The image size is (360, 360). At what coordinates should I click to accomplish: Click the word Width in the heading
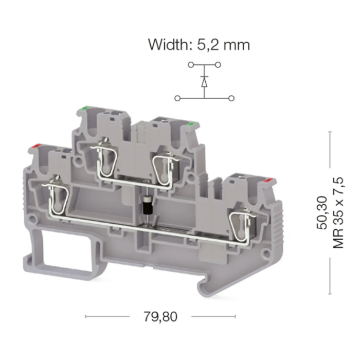click(x=169, y=45)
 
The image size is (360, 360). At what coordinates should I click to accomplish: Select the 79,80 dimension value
click(x=160, y=317)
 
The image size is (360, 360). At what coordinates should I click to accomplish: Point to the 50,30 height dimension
click(x=322, y=212)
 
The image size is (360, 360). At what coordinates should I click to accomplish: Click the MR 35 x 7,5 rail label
click(x=338, y=212)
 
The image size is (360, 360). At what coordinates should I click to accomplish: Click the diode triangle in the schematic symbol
click(x=204, y=83)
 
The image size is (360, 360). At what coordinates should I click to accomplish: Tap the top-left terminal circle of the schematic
click(x=191, y=65)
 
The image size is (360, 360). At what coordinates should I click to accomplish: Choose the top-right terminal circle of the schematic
click(x=218, y=65)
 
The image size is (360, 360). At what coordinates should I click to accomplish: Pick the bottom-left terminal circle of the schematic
click(x=177, y=98)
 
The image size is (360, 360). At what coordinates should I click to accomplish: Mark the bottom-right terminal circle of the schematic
click(x=231, y=98)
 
